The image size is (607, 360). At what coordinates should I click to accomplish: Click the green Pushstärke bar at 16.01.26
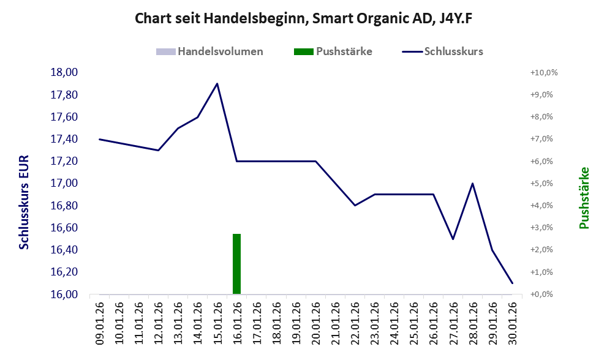pyautogui.click(x=236, y=264)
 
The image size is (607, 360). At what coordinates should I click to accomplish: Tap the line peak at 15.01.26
pyautogui.click(x=217, y=84)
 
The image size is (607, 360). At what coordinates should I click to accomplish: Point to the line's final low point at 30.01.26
pyautogui.click(x=511, y=283)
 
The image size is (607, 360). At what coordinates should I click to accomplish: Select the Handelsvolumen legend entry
pyautogui.click(x=210, y=51)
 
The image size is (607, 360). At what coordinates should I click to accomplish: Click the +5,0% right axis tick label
pyautogui.click(x=541, y=183)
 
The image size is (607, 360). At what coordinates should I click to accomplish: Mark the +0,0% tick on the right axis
pyautogui.click(x=541, y=294)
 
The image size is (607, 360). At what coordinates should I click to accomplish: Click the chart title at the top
pyautogui.click(x=303, y=19)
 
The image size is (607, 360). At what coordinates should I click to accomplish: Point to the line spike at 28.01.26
pyautogui.click(x=472, y=184)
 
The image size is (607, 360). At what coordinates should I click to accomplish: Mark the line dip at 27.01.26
pyautogui.click(x=453, y=239)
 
